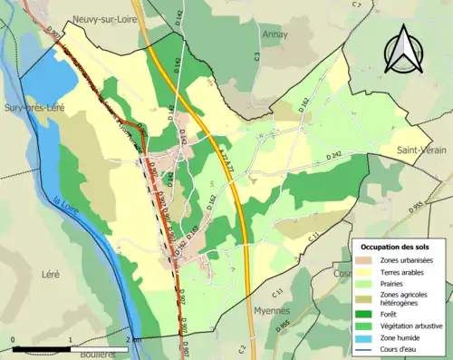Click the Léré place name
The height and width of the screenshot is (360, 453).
pyautogui.click(x=50, y=272)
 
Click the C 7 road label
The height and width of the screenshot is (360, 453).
pyautogui.click(x=356, y=6)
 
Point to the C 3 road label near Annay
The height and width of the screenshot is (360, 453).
pyautogui.click(x=257, y=56)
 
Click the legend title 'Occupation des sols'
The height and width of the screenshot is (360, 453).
pyautogui.click(x=396, y=246)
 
